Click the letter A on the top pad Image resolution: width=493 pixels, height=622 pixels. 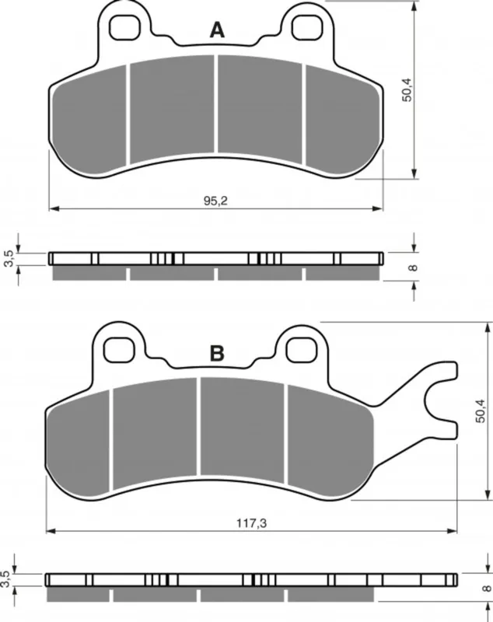217,30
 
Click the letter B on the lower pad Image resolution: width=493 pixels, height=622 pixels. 217,354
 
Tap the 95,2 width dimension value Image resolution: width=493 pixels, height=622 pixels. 215,201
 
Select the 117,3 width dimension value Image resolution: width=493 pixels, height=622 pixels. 252,523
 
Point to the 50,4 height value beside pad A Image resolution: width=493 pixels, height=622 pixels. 407,90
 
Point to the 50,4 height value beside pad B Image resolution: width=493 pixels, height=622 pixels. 481,411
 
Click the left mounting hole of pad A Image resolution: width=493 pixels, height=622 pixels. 125,28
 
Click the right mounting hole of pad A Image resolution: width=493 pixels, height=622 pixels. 306,28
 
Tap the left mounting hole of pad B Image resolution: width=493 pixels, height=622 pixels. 119,349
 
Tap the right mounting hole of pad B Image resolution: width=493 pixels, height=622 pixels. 301,349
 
